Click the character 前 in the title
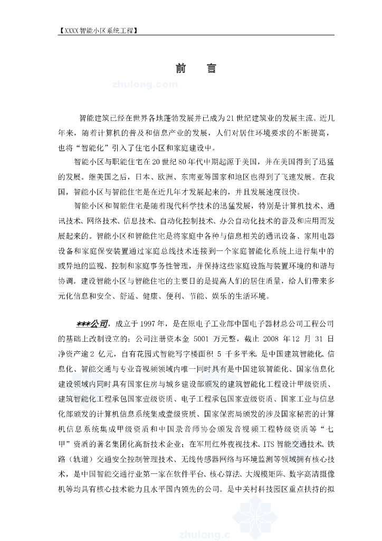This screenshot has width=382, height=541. click(181, 69)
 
